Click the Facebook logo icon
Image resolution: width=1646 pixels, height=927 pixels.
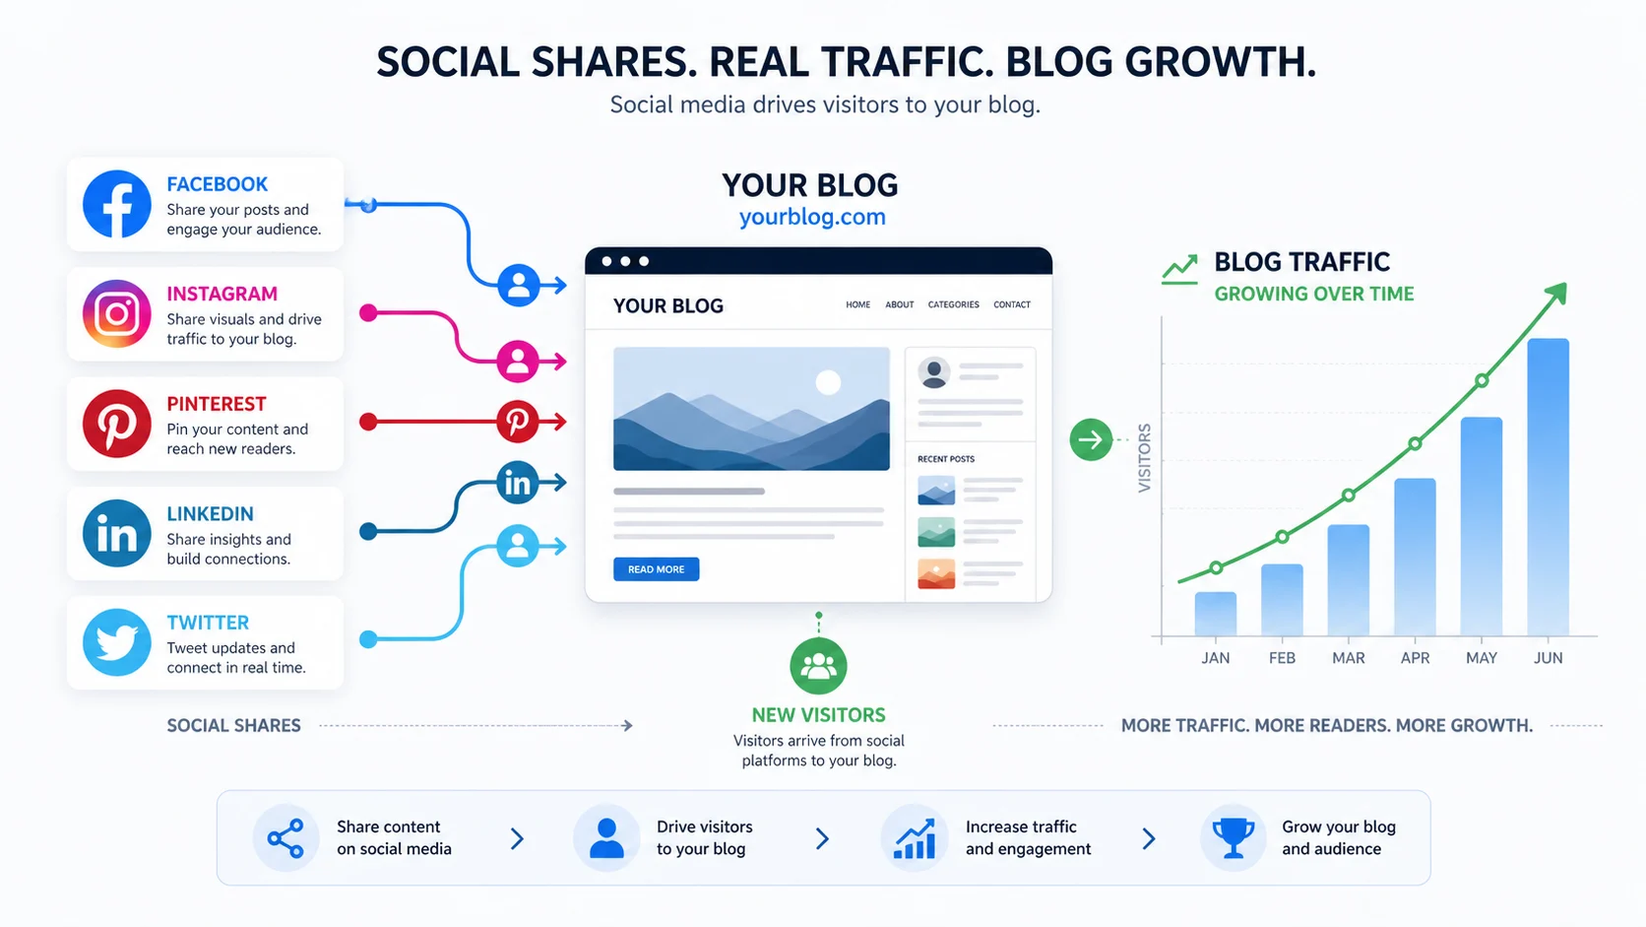point(117,204)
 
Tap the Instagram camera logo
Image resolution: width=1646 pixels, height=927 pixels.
point(117,314)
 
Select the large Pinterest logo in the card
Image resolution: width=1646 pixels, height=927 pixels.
point(117,424)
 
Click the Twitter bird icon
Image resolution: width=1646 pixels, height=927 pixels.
point(117,642)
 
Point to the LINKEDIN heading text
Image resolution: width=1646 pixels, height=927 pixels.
point(210,513)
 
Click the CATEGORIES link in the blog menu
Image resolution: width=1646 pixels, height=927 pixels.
point(953,305)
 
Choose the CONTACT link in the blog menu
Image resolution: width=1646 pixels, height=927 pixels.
point(1011,305)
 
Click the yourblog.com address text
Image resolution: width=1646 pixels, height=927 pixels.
point(812,217)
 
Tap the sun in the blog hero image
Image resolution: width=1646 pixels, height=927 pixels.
point(828,382)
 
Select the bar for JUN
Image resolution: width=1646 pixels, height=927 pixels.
point(1548,487)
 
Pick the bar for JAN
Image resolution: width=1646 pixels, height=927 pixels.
point(1215,614)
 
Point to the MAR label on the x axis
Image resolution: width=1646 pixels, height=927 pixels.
point(1348,658)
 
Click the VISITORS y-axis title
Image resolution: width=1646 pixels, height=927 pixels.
point(1144,458)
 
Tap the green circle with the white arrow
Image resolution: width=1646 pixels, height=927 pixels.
point(1091,439)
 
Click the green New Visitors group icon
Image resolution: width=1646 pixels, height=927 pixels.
point(818,666)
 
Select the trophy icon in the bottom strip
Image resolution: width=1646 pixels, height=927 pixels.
point(1233,838)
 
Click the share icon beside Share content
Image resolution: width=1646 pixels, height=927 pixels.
point(285,838)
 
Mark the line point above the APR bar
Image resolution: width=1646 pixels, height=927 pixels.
point(1415,443)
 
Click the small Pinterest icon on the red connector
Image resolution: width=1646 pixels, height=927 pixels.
point(517,422)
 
